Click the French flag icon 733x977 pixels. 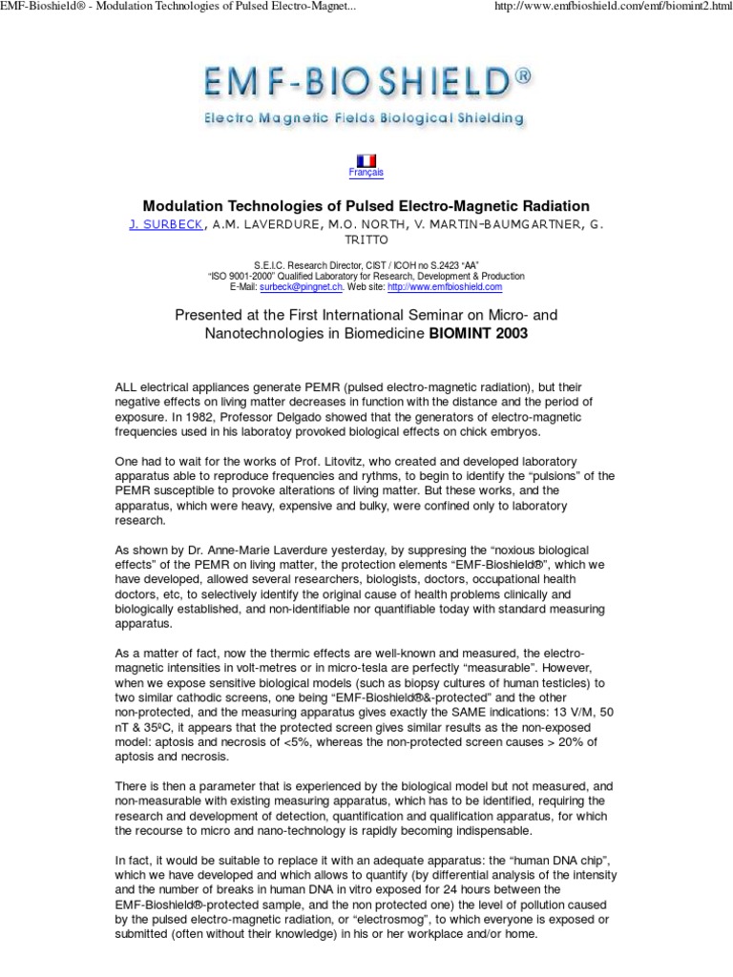click(x=366, y=159)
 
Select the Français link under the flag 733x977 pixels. click(x=366, y=173)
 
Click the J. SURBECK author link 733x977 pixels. click(x=160, y=224)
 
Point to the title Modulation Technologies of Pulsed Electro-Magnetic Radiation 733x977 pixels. click(x=366, y=206)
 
